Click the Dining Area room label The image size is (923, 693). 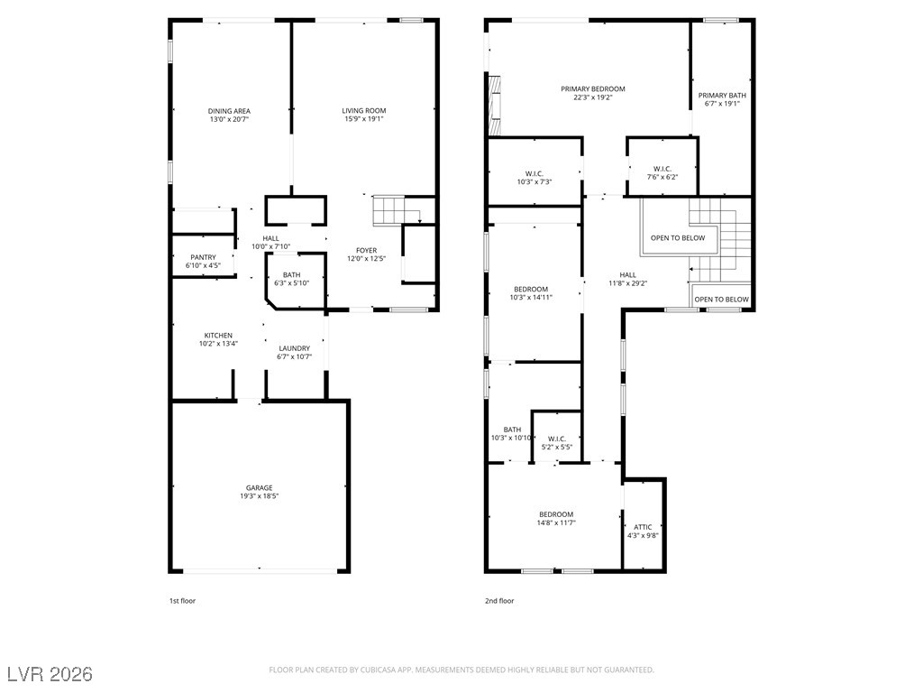coord(229,111)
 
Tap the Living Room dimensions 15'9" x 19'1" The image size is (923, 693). coord(363,119)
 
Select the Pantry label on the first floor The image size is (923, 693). coord(203,257)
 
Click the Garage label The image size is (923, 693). coord(260,488)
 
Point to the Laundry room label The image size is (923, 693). coord(294,348)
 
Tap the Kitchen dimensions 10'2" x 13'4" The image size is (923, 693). coord(217,343)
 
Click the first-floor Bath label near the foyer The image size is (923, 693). coord(291,275)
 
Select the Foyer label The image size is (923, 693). coord(366,251)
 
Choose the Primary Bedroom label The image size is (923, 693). coord(592,89)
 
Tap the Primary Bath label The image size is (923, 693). coord(722,95)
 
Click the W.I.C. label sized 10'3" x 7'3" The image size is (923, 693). coord(535,174)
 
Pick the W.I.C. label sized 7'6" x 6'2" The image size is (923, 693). coord(662,169)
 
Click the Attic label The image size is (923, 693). coord(643,527)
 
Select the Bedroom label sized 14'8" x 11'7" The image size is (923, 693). coord(556,514)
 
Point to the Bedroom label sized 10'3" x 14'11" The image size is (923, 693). coord(532,289)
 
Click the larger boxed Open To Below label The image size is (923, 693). coord(678,238)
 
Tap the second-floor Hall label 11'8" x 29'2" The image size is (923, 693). coord(627,275)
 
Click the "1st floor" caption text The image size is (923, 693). coord(182,600)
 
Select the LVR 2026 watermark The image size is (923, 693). coord(50,674)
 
